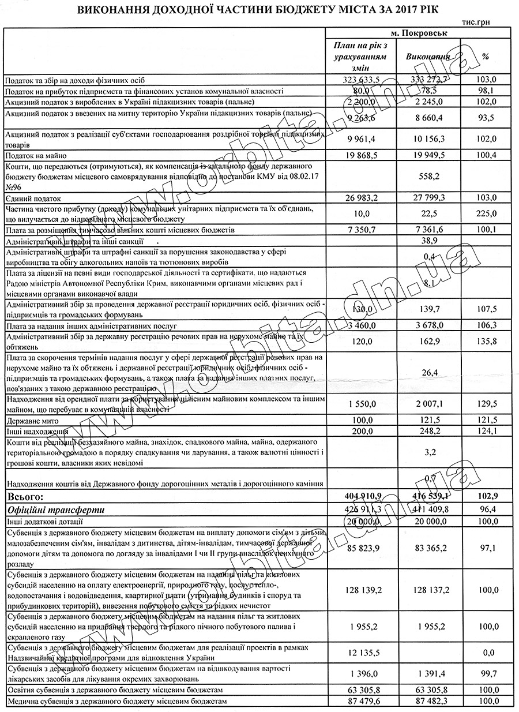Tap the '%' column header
click(x=486, y=57)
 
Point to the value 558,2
click(x=428, y=175)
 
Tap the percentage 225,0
click(x=486, y=213)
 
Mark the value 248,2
click(x=428, y=430)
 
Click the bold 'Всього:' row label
click(x=24, y=496)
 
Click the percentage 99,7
click(x=486, y=674)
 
